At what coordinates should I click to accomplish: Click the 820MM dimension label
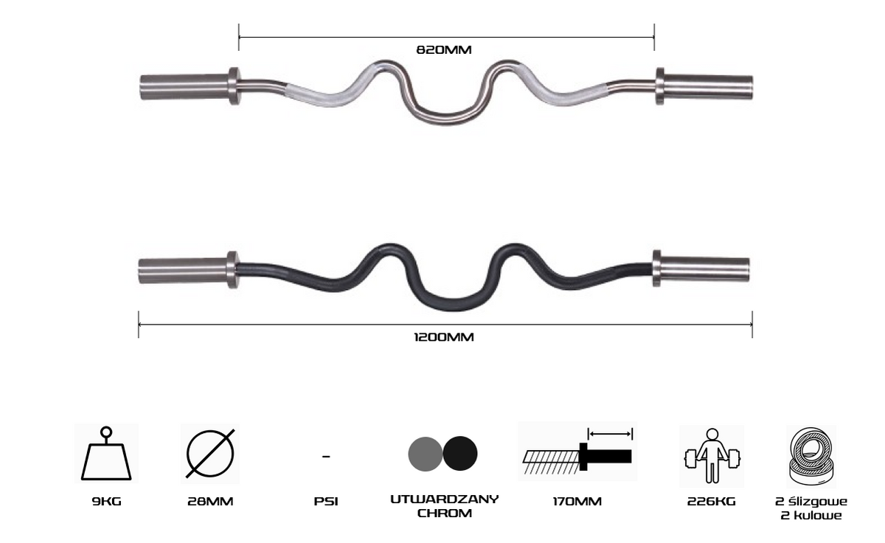coord(444,49)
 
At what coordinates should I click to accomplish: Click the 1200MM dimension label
coord(444,337)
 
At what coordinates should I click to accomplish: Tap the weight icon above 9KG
coord(106,453)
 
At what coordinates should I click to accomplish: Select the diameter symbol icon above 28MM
coord(210,453)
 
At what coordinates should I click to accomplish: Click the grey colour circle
coord(425,454)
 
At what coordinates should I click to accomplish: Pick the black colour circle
coord(460,453)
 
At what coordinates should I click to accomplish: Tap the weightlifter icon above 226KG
coord(712,456)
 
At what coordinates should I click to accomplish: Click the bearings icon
coord(811,457)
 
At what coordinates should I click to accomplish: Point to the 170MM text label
coord(577,502)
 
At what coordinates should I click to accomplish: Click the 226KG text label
coord(711,502)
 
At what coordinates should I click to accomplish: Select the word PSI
coord(326,502)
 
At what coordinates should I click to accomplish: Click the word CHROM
coord(445,513)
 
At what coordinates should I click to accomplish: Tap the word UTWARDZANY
coord(445,499)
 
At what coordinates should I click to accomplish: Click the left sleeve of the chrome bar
coord(190,86)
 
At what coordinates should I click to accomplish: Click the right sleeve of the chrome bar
coord(704,86)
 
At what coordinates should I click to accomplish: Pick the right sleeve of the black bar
coord(701,269)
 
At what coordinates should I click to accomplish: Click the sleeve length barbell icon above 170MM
coord(577,452)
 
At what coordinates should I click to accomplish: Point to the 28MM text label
coord(210,502)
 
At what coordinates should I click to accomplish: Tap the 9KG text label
coord(106,502)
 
